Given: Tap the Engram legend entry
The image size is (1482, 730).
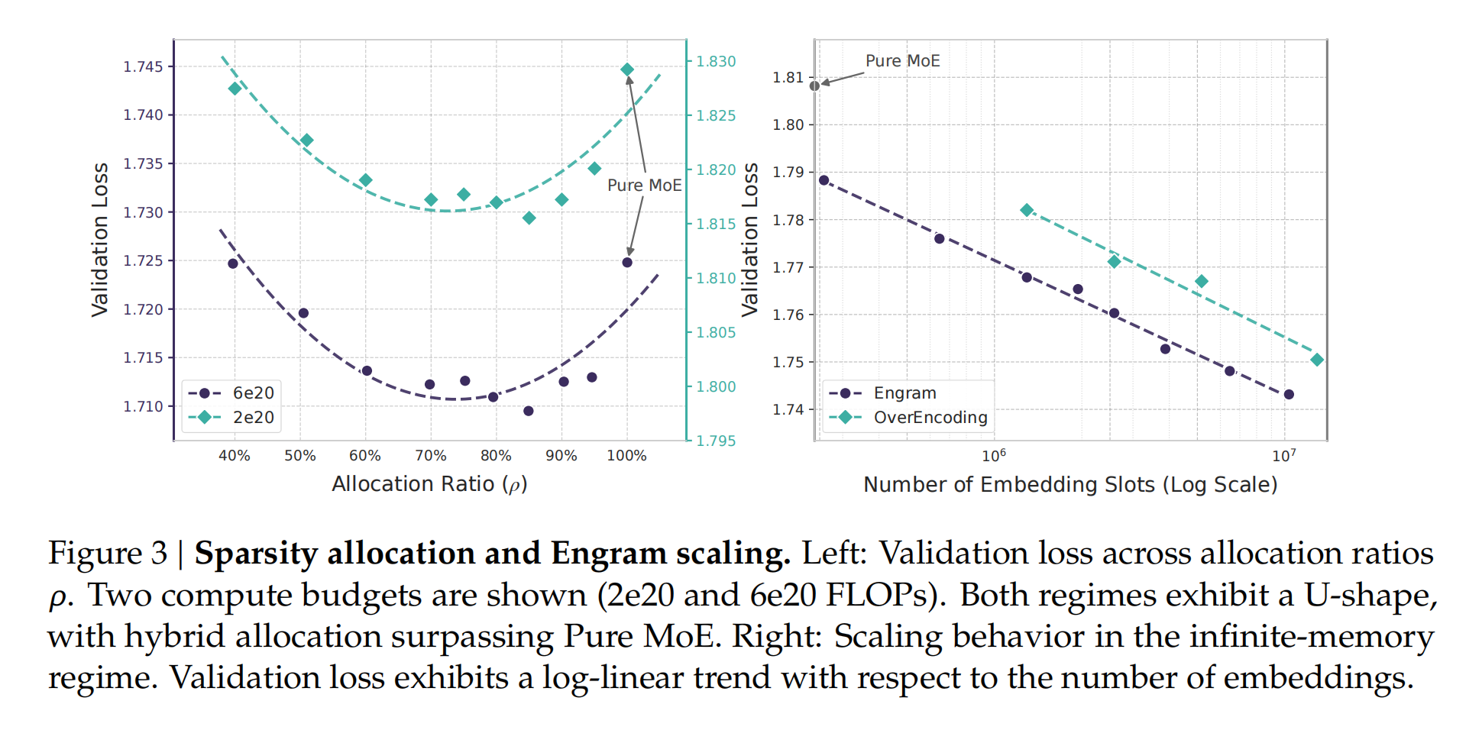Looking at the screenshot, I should point(904,393).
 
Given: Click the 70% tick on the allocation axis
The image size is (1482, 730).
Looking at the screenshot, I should point(430,456).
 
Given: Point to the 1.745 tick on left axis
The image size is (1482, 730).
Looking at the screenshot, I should point(144,66).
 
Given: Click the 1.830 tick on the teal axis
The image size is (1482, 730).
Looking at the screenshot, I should point(716,61).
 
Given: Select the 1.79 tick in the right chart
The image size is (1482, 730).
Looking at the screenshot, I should point(788,172).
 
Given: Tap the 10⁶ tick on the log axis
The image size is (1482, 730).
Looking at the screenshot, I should point(993,456).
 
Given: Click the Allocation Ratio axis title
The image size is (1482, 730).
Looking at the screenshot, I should point(429,484).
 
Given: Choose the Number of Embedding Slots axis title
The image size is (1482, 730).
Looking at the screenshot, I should point(1070,485).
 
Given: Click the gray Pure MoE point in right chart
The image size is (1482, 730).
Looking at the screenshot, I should point(814,86).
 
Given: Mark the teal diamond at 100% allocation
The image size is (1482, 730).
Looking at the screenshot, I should point(627,69).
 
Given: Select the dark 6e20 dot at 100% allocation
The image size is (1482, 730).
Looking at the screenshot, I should point(627,263).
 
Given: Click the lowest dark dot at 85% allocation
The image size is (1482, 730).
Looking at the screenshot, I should point(529,411).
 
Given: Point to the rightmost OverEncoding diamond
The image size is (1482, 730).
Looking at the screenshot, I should point(1317,360).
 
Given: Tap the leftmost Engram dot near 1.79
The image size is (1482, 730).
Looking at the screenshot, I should point(824,180).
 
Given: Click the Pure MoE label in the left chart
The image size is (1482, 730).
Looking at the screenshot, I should point(644,186).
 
